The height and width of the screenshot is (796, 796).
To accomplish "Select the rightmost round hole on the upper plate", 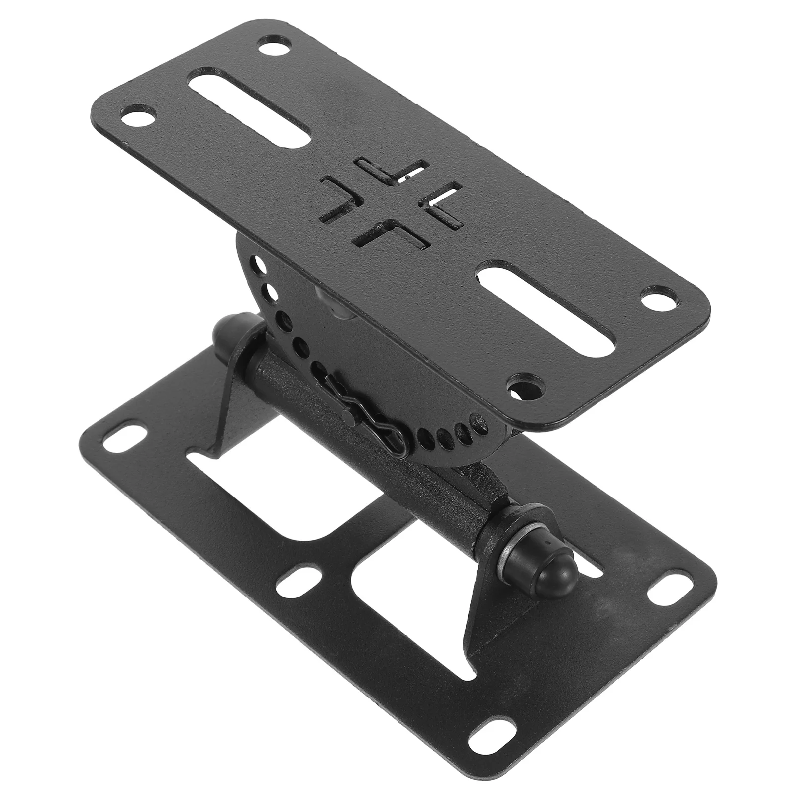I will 658,300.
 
